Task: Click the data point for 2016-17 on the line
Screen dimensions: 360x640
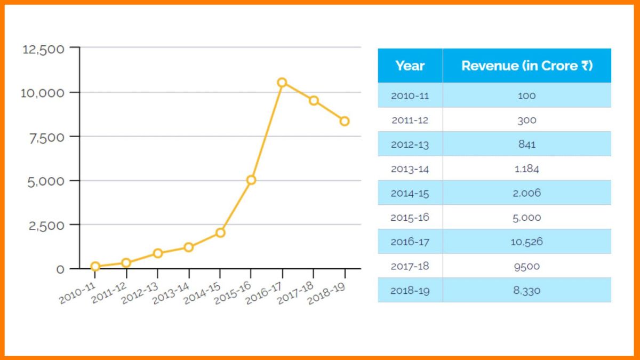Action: [282, 82]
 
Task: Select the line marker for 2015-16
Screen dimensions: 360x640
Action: [251, 180]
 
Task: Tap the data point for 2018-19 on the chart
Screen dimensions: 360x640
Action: [345, 121]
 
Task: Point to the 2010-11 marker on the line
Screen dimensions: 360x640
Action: [95, 266]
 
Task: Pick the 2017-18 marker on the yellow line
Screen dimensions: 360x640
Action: [314, 100]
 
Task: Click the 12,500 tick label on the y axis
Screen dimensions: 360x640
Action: [44, 49]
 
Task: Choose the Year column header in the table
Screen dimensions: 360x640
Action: [410, 66]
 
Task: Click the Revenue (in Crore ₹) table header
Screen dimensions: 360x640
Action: [526, 66]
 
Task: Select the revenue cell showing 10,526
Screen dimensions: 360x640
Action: [526, 242]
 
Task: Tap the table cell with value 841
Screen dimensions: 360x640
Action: [526, 144]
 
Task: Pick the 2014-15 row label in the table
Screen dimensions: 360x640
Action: [410, 193]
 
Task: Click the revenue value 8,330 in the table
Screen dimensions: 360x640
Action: [526, 291]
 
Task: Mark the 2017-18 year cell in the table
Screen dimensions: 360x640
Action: [410, 266]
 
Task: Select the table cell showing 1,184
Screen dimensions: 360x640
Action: [526, 169]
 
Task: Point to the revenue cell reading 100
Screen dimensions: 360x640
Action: [526, 95]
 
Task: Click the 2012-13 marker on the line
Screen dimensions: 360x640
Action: [157, 253]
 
